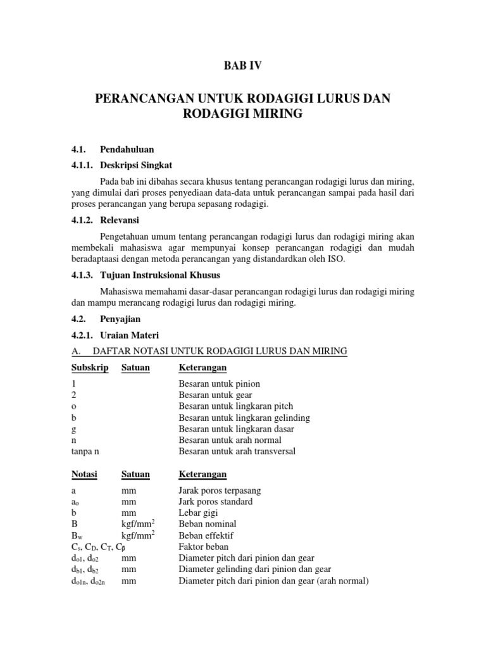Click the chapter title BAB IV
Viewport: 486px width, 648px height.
pos(242,65)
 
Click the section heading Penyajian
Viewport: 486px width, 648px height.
pos(120,320)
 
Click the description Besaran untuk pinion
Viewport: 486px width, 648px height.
pos(219,384)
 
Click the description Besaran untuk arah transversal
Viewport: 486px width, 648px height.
pos(237,451)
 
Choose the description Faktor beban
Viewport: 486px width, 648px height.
pos(203,546)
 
